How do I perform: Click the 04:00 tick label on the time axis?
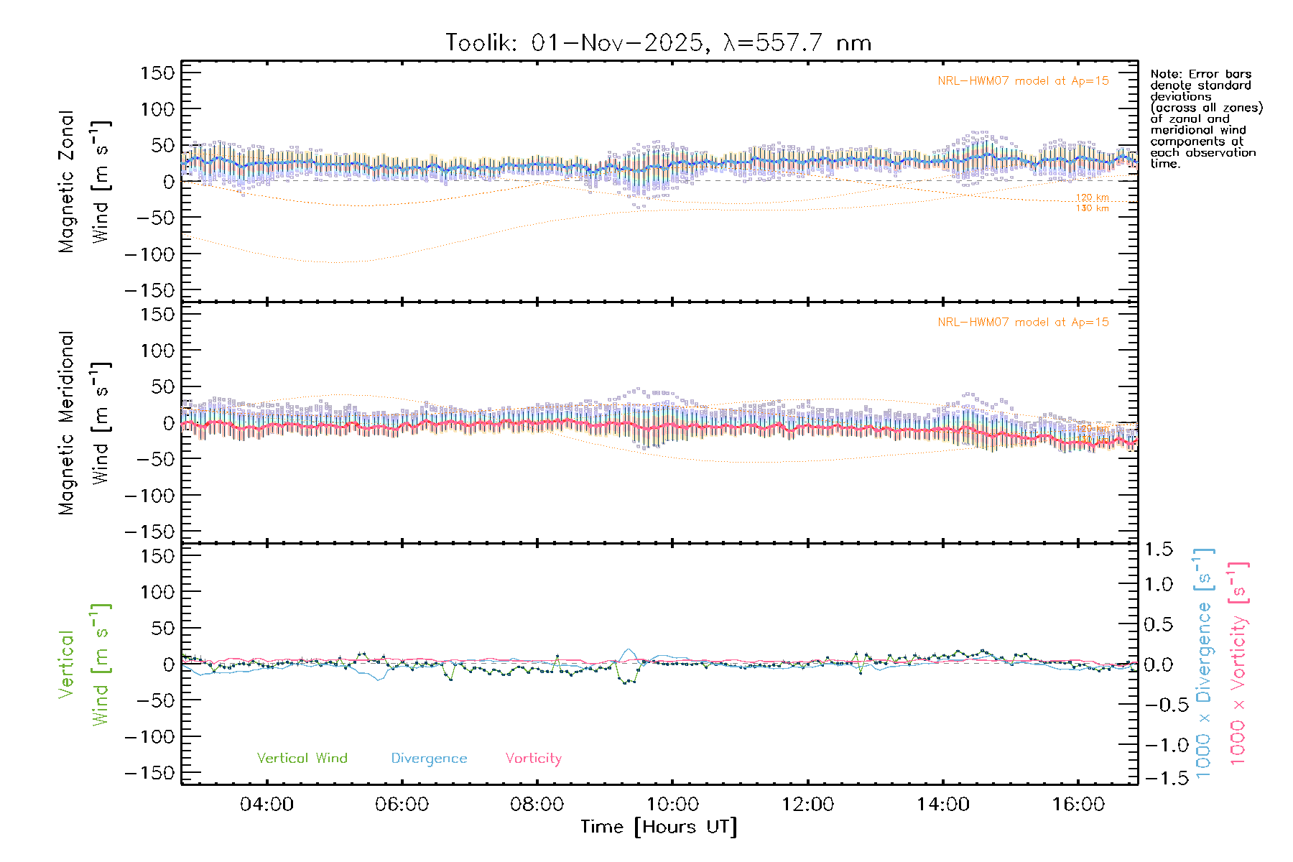(267, 805)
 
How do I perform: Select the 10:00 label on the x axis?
(672, 805)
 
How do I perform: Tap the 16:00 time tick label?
(1078, 805)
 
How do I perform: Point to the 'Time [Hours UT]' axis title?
(659, 828)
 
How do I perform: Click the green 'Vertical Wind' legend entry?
(302, 759)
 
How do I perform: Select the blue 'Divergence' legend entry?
(429, 759)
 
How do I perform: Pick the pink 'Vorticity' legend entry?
(533, 759)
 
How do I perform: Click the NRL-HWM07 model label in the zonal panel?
(1023, 81)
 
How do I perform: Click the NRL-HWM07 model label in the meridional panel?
(1023, 323)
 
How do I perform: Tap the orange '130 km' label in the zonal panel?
(1092, 208)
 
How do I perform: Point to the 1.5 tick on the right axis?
(1158, 550)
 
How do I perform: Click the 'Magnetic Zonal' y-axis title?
(67, 182)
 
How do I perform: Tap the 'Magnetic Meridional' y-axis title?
(67, 423)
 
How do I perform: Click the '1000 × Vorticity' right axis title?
(1238, 664)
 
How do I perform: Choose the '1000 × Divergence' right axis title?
(1204, 664)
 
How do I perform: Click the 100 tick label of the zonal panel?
(158, 109)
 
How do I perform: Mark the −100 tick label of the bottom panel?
(150, 737)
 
